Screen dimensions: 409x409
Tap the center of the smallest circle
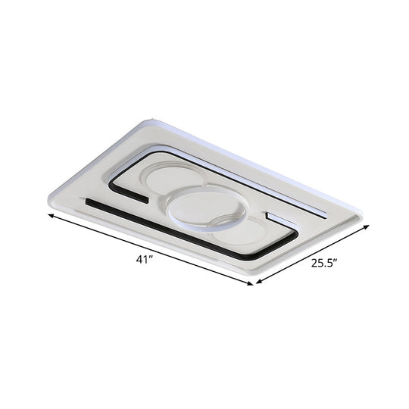coord(233,229)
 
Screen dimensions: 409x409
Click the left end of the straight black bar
coord(89,202)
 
